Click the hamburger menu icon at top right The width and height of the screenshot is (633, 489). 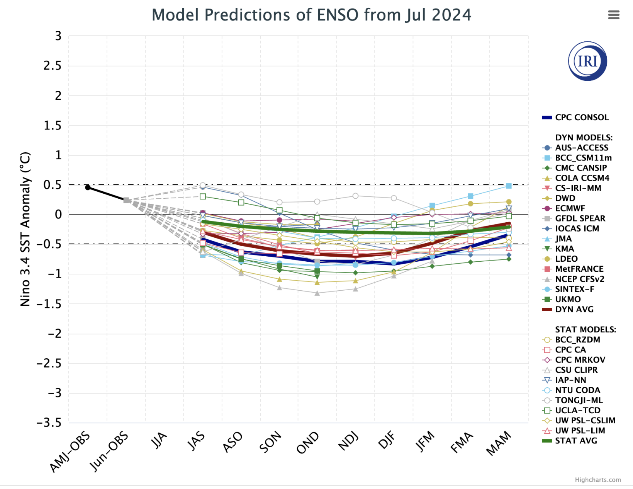[x=613, y=15]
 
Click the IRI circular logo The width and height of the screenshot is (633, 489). [x=587, y=61]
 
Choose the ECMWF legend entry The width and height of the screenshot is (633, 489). [x=570, y=208]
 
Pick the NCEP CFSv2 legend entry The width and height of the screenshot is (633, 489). [x=579, y=279]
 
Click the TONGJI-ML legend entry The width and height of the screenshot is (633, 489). [x=579, y=400]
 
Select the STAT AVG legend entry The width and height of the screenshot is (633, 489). [x=576, y=441]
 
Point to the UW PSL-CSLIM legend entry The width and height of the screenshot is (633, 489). [x=585, y=421]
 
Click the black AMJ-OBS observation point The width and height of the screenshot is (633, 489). [x=88, y=187]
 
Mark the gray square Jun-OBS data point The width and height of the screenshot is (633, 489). [x=126, y=200]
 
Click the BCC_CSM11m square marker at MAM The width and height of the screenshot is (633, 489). [x=509, y=186]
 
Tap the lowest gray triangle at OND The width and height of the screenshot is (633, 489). [x=317, y=293]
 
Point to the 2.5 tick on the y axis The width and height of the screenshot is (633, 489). [x=53, y=66]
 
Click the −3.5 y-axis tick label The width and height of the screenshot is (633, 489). [x=49, y=423]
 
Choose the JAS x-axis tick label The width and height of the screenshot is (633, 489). [x=196, y=441]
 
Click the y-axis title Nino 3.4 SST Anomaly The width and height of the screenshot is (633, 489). [x=25, y=229]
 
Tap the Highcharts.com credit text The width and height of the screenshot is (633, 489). [x=597, y=480]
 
